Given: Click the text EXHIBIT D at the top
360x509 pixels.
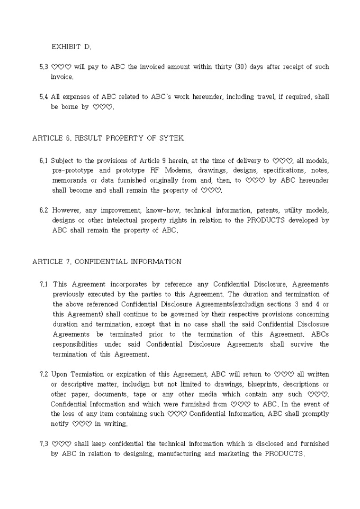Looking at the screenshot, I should (x=71, y=47).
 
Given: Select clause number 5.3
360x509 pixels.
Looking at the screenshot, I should (x=44, y=67).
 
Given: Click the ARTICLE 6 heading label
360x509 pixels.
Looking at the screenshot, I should (x=51, y=138).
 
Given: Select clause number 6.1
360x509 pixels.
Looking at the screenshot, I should (x=44, y=160).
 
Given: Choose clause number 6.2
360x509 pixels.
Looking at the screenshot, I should (x=44, y=210).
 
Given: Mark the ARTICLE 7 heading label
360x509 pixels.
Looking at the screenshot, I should (x=51, y=261).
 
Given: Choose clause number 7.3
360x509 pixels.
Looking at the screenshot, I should (x=44, y=444).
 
